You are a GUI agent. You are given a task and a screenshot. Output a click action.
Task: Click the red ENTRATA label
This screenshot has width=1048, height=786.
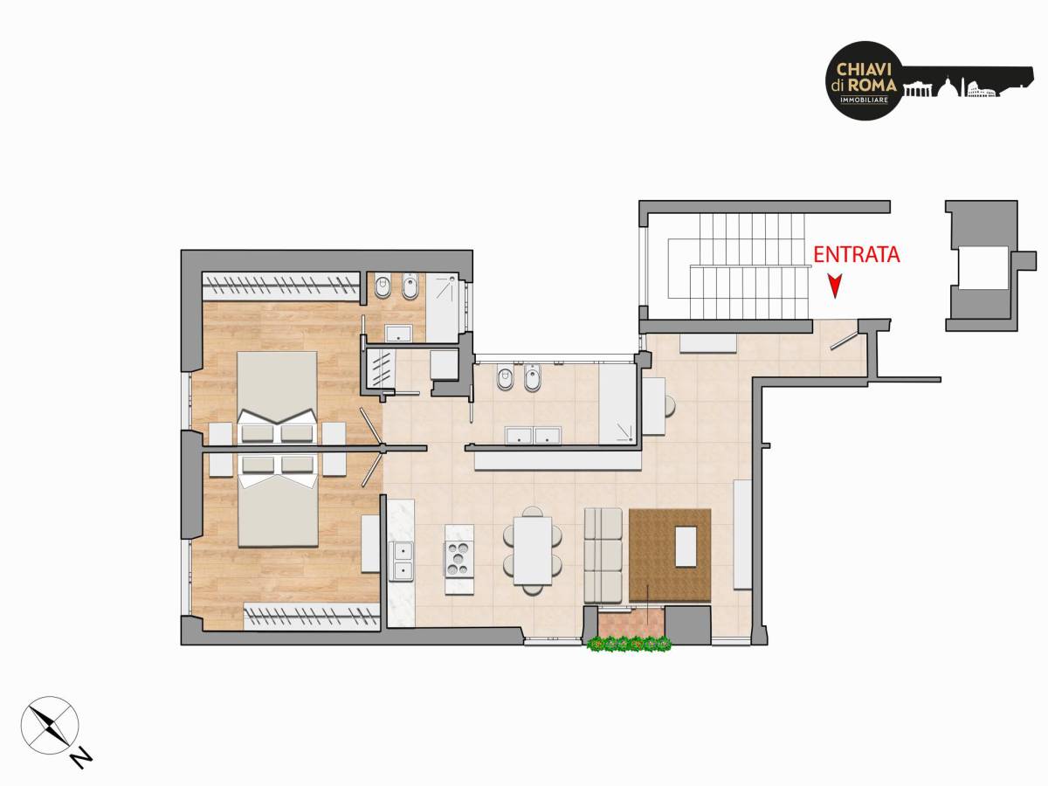coord(857,254)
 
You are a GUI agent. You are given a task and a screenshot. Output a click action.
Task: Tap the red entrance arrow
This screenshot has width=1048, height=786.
coord(835,286)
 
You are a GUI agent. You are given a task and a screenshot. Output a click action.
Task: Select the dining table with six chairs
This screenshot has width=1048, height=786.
coord(533,550)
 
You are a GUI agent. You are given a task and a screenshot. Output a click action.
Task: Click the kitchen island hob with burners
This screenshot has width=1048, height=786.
coord(459,559)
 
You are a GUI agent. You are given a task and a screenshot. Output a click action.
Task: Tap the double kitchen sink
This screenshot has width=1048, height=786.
coord(401,562)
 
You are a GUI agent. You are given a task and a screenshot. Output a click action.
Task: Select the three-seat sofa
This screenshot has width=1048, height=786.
coord(603,555)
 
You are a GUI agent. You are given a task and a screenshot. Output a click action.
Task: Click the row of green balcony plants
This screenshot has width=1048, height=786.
coord(629,644)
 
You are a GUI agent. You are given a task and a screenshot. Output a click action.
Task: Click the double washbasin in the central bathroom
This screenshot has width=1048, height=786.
coord(534,436)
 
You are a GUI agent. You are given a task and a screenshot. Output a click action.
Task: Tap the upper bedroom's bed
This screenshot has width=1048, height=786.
coord(277,397)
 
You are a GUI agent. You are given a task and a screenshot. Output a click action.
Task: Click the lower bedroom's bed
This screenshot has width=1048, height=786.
coord(278,500)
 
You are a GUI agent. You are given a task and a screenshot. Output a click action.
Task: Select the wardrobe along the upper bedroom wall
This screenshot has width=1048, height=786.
coord(280,286)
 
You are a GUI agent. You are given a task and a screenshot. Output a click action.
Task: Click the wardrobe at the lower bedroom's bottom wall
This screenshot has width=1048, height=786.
coord(312,616)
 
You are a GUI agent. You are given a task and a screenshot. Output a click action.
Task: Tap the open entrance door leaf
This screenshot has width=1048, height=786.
coord(843,341)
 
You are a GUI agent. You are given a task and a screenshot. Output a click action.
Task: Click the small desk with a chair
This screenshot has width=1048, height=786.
coord(658,406)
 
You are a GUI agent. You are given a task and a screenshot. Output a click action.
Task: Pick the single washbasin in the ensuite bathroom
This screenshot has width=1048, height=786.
coord(398,334)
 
